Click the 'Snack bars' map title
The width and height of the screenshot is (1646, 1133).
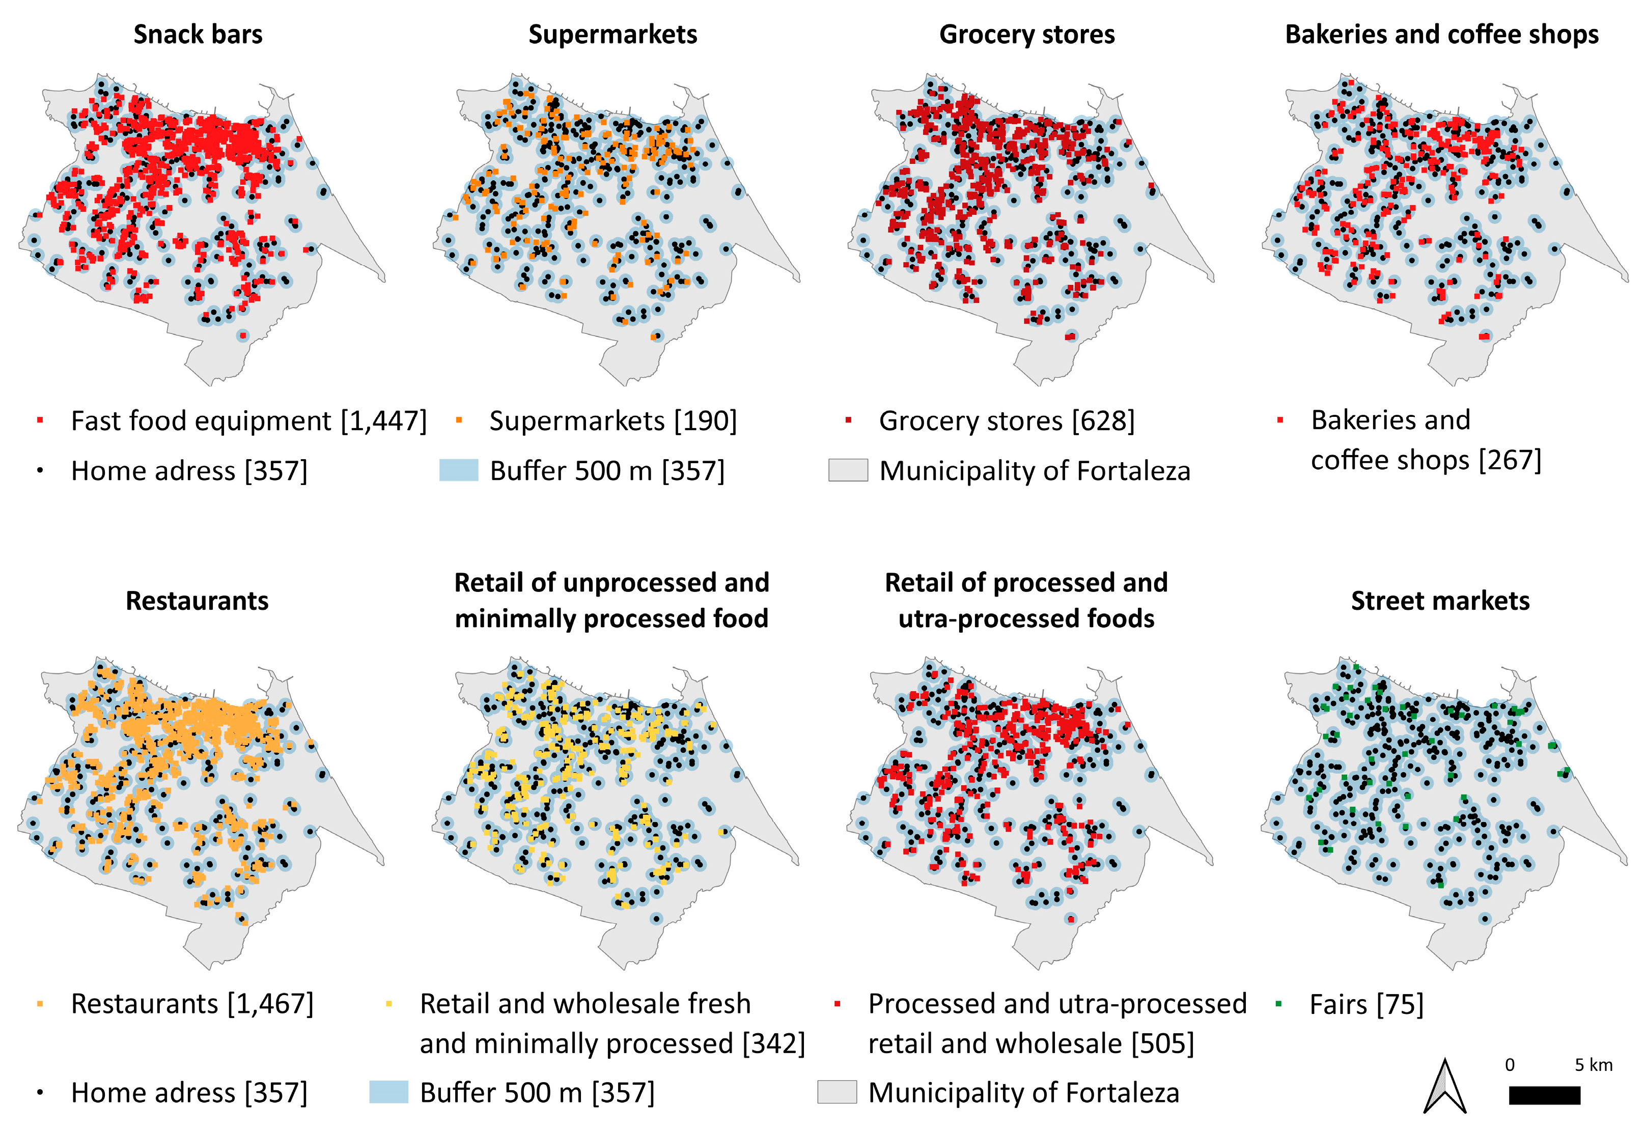click(198, 34)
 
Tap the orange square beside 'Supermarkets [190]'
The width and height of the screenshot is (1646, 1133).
click(459, 420)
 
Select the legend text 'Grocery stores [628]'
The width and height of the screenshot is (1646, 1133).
click(1006, 420)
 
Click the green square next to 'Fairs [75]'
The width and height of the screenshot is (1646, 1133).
click(1278, 1004)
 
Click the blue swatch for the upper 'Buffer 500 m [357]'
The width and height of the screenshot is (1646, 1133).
click(458, 470)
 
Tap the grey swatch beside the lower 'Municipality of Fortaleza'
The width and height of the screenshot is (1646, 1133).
click(836, 1092)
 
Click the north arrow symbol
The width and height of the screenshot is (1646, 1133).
click(1444, 1086)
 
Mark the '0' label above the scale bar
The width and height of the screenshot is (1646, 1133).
click(1509, 1065)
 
